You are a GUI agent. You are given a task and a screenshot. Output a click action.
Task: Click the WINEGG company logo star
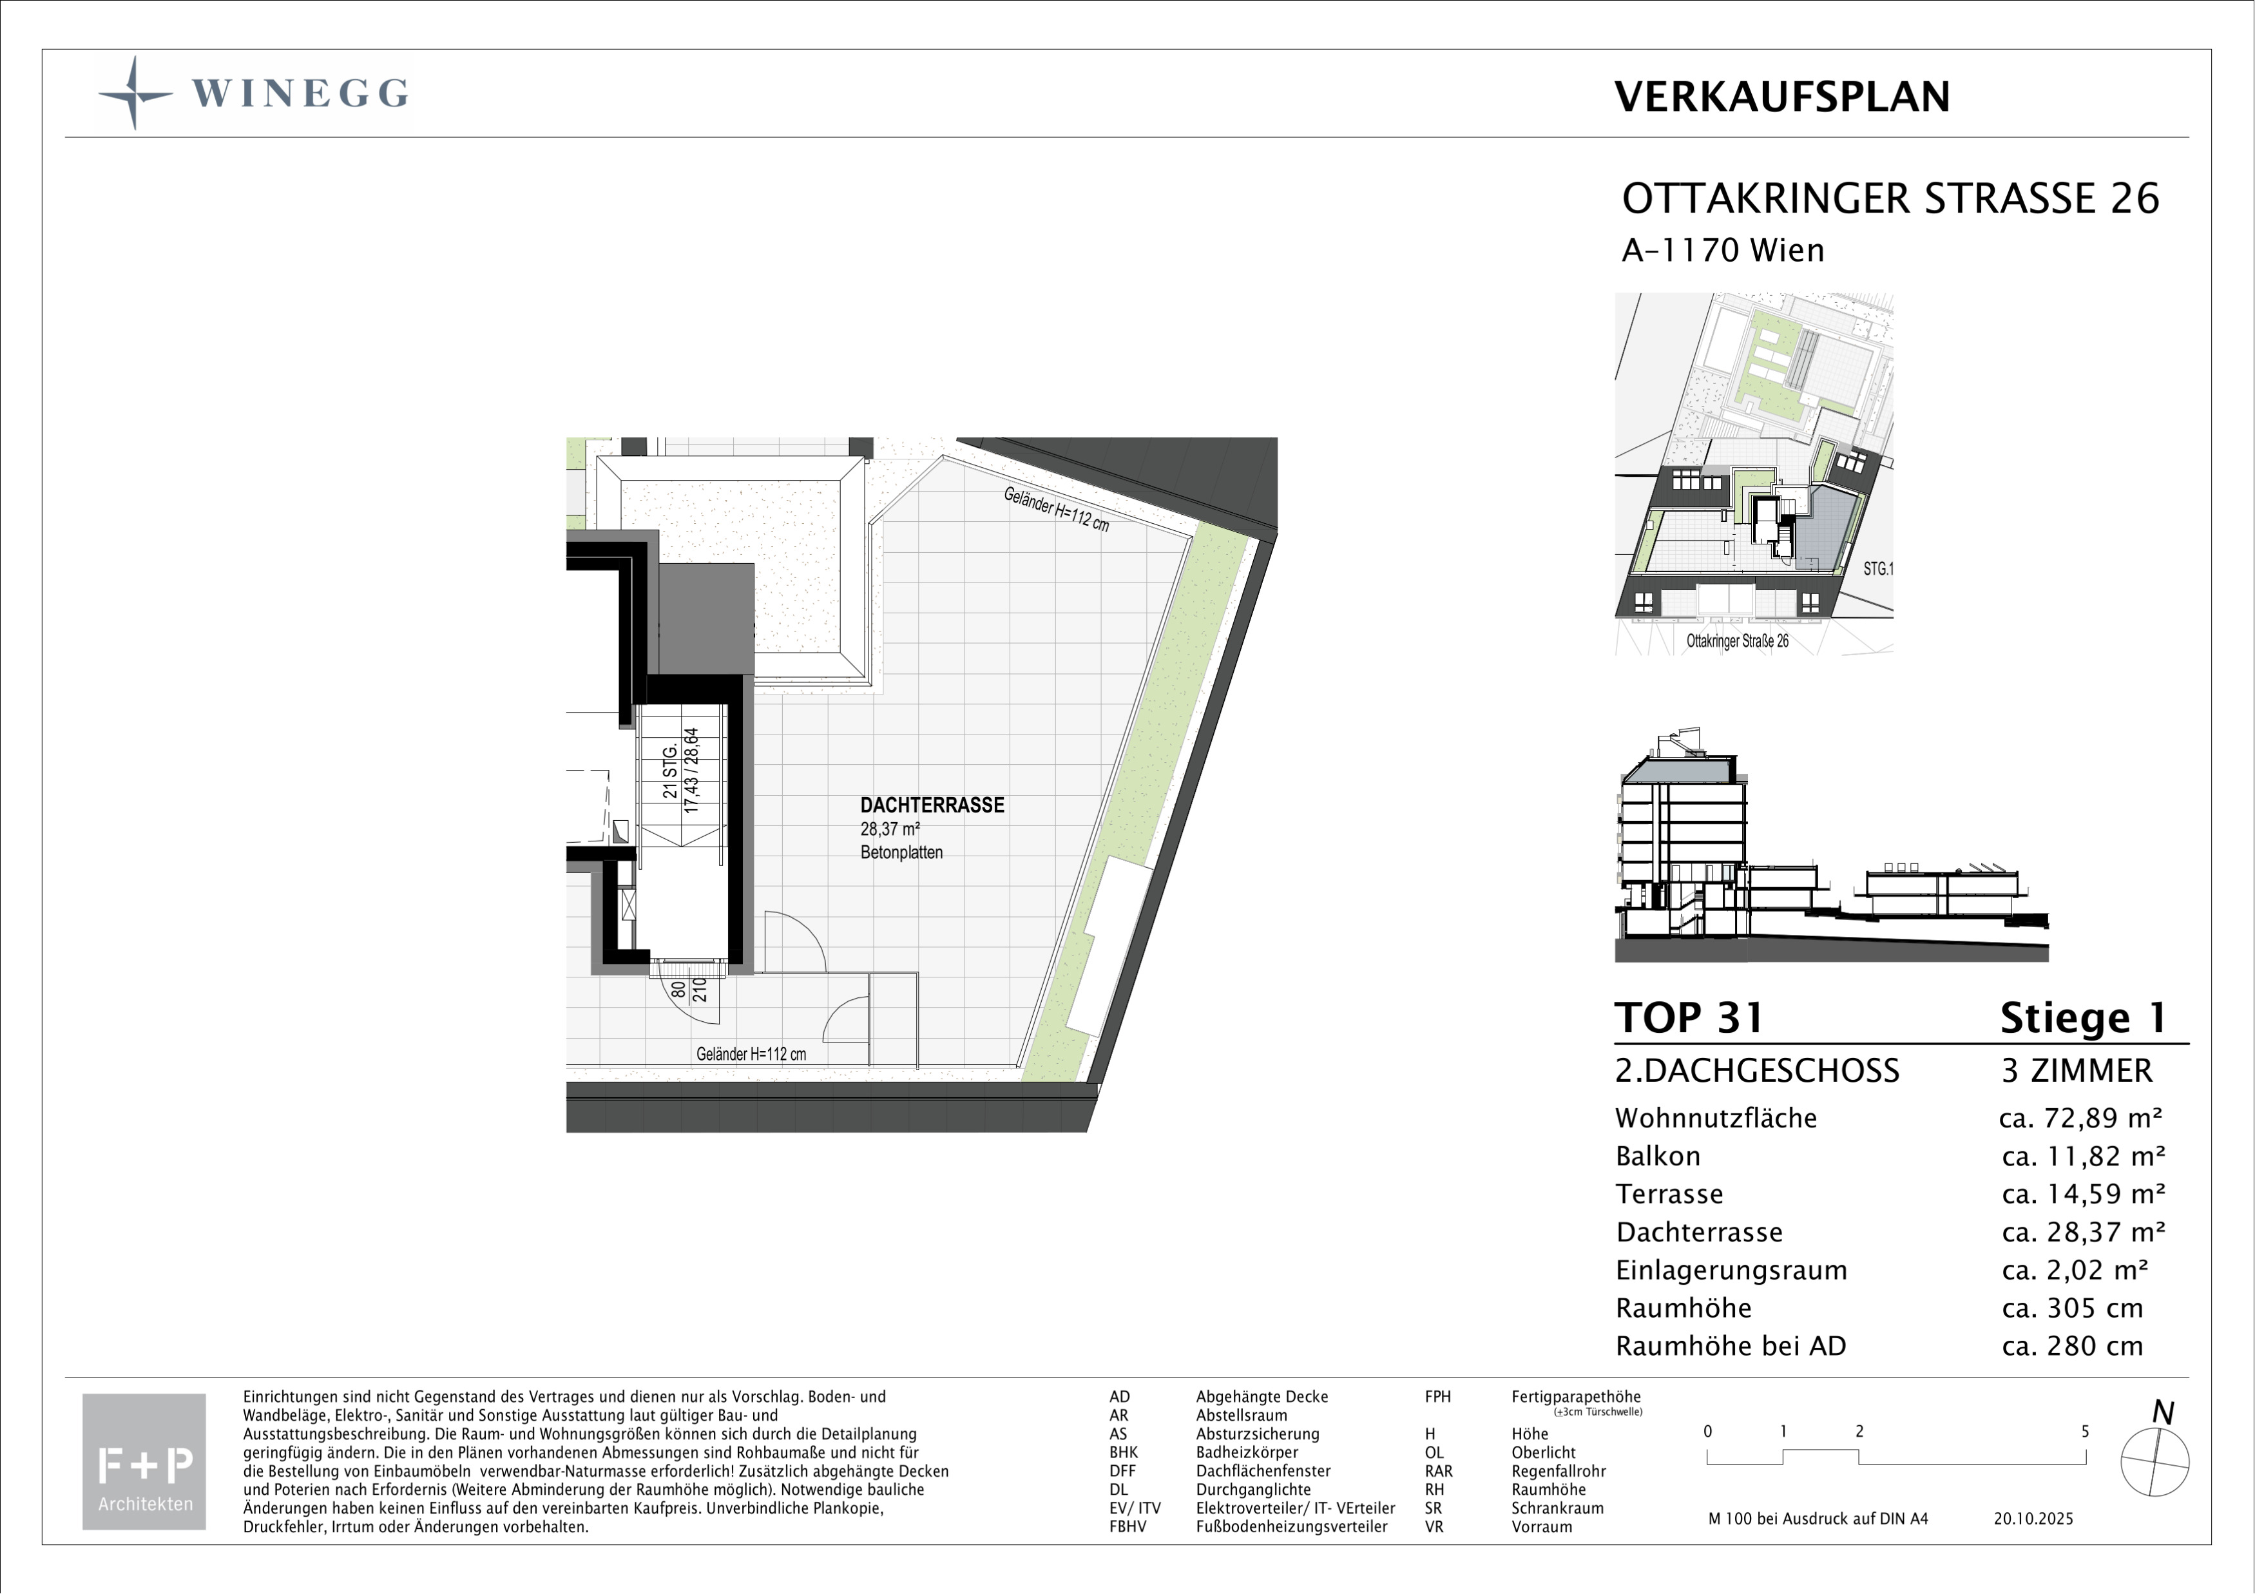click(135, 93)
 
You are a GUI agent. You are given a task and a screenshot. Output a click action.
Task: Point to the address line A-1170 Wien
click(1723, 251)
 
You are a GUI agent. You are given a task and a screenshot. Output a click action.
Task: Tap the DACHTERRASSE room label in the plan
click(932, 805)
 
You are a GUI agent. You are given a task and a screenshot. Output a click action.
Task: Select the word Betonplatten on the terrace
click(901, 852)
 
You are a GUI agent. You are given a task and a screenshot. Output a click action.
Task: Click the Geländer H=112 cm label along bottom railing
click(751, 1054)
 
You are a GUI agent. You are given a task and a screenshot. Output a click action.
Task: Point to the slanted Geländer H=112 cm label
click(1057, 510)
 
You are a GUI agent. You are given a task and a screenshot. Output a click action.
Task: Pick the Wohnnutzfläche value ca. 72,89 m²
click(2081, 1118)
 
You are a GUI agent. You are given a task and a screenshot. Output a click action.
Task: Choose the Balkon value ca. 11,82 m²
click(2083, 1156)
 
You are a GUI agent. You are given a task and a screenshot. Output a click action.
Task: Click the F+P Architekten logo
click(144, 1461)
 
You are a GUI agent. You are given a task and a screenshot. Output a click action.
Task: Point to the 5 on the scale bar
click(2085, 1432)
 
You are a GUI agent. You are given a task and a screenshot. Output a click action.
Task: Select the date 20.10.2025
click(2033, 1519)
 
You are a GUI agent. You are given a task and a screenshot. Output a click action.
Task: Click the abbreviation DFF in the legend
click(1122, 1471)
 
